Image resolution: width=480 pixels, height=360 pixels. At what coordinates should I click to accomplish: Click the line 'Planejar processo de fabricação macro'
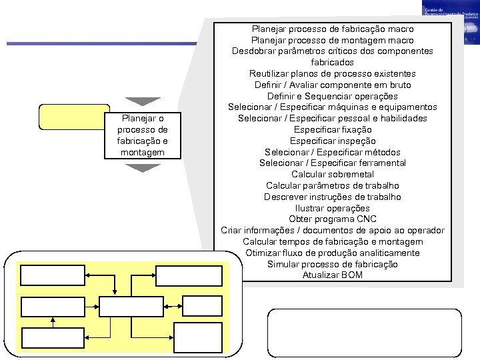click(333, 29)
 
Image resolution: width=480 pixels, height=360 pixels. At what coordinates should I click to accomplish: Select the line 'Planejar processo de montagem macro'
click(333, 41)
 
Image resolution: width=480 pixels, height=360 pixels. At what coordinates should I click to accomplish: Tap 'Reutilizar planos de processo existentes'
click(333, 73)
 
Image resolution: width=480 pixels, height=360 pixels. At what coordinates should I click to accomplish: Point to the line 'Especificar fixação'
click(333, 129)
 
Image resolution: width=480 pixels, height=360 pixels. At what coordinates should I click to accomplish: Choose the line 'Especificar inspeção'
click(333, 141)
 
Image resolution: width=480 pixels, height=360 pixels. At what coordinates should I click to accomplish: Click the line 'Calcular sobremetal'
click(333, 174)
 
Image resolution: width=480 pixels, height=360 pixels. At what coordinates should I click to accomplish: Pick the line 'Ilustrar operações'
click(333, 208)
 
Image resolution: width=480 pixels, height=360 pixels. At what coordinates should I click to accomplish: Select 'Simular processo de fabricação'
click(333, 264)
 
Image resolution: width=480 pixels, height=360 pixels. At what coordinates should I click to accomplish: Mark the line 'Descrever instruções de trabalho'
click(333, 197)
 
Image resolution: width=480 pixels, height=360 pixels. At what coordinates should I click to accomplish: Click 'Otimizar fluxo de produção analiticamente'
click(333, 253)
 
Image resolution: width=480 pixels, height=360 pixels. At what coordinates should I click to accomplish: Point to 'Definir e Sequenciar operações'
click(333, 96)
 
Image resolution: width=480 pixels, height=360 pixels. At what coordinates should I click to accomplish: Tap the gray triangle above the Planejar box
click(143, 101)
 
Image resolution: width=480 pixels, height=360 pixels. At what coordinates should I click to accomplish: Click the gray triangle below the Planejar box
click(143, 168)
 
